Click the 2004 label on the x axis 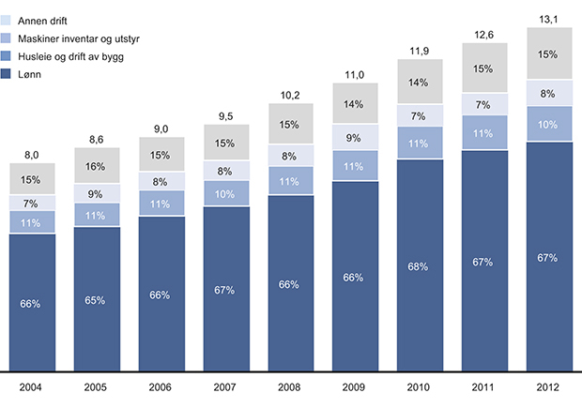click(32, 385)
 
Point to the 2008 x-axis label click(290, 385)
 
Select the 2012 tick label click(548, 385)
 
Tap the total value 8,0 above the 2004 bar click(32, 152)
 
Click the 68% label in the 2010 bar click(419, 266)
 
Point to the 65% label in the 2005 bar click(96, 299)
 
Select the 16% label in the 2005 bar click(96, 166)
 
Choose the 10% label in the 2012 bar click(548, 124)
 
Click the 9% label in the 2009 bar click(355, 139)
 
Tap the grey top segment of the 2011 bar click(483, 69)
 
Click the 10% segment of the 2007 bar click(225, 193)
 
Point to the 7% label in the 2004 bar click(32, 203)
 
